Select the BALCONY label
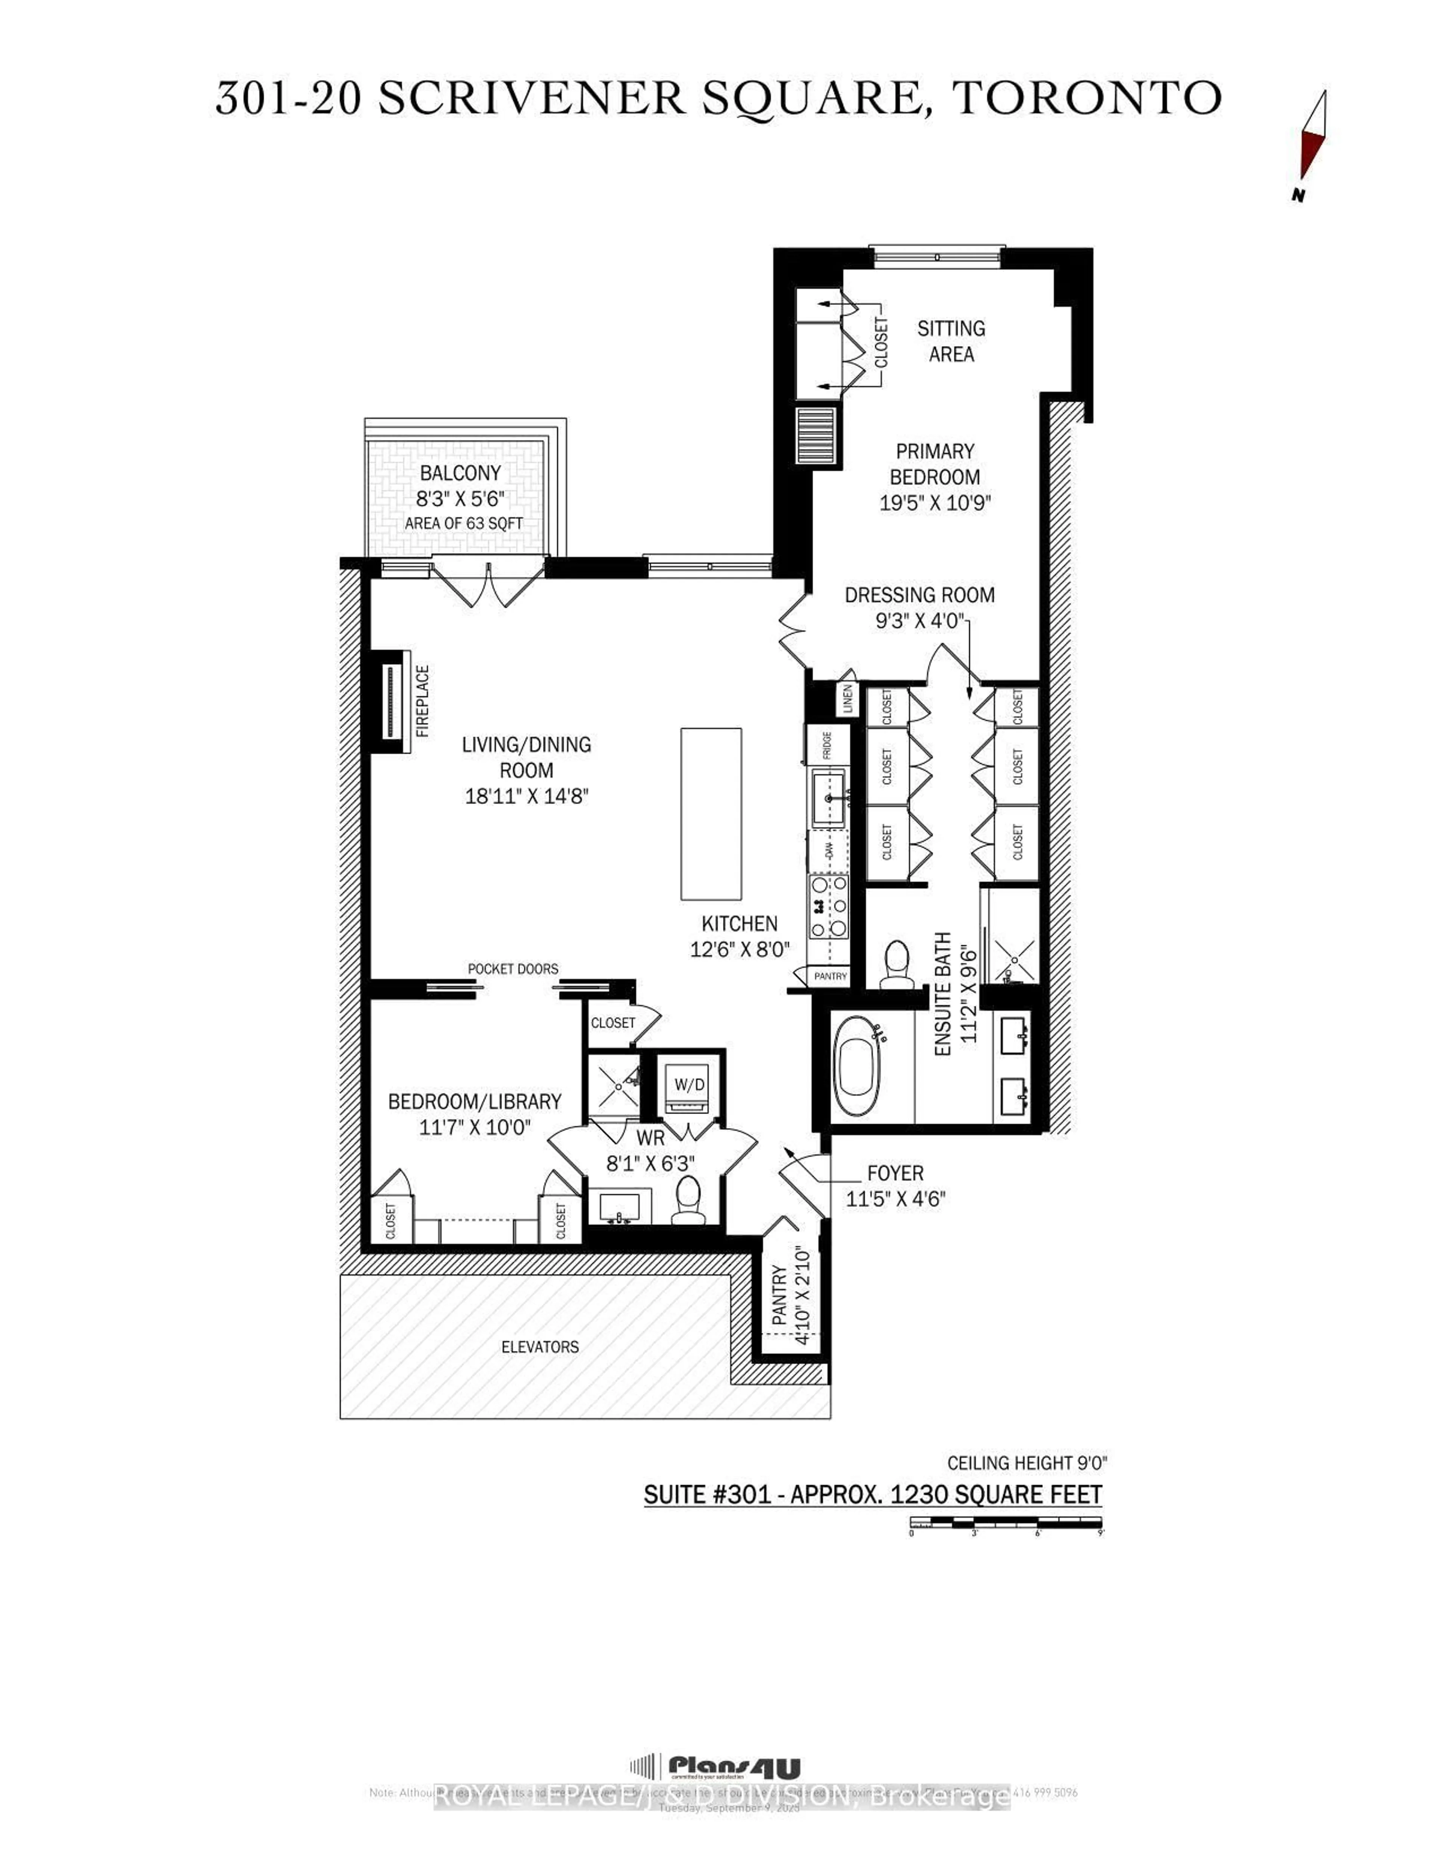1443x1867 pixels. (x=460, y=473)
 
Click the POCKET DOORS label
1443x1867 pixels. (x=513, y=969)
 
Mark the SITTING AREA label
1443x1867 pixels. (x=951, y=341)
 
